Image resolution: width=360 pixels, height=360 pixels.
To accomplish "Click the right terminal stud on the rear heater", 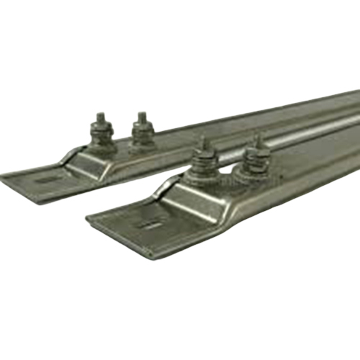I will (142, 130).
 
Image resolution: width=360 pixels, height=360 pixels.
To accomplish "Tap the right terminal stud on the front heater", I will (256, 157).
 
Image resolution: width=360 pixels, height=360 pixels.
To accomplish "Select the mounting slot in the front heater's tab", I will (151, 224).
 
